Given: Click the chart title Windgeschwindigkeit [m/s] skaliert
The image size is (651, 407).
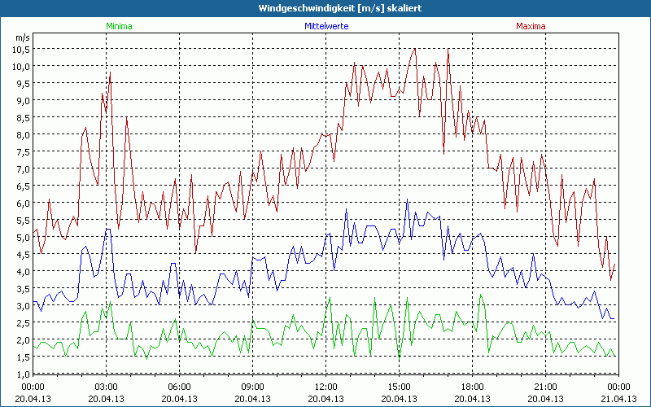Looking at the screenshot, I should click(325, 8).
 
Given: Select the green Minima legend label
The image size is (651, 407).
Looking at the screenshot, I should click(118, 26).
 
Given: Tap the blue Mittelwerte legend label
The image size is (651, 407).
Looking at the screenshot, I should click(325, 26).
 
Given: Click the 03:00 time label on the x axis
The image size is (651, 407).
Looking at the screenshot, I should click(106, 387).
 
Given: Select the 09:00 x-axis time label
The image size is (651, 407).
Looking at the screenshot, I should click(252, 387).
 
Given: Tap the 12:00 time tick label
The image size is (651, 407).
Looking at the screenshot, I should click(325, 387).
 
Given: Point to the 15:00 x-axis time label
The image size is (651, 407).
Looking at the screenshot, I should click(399, 387).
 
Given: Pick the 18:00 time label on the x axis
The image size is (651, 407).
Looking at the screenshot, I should click(472, 387).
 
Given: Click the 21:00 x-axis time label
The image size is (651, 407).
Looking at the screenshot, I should click(545, 387).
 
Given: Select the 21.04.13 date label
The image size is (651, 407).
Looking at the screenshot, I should click(618, 399).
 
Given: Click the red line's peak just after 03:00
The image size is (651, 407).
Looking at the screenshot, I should click(110, 73).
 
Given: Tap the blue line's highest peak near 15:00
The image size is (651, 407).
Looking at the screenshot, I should click(407, 200).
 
